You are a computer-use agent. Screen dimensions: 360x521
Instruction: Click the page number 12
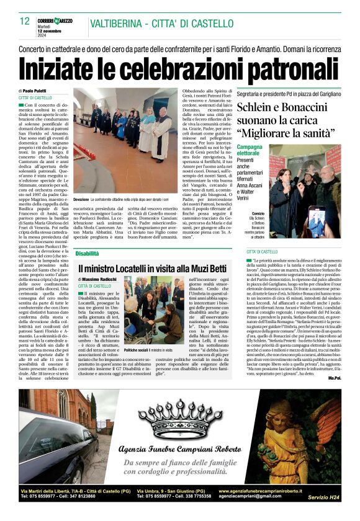25,20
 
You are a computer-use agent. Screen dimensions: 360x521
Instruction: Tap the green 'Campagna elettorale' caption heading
250,151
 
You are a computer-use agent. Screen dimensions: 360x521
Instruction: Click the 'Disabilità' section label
88,254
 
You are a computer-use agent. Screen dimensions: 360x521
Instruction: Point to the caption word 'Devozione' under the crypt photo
81,217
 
